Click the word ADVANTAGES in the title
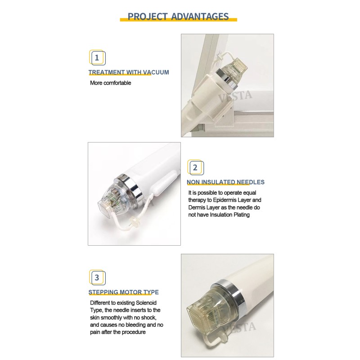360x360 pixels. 200,17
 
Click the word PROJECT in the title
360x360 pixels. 147,17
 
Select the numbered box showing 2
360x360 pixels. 195,168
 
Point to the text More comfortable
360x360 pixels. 110,83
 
